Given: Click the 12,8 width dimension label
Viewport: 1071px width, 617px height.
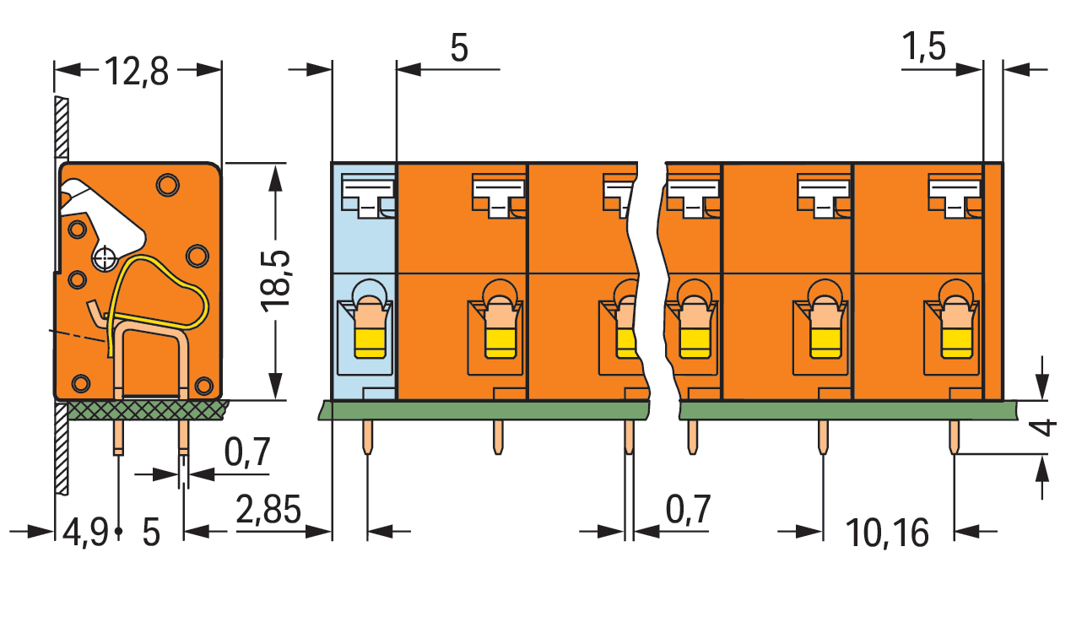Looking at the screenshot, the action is click(x=136, y=72).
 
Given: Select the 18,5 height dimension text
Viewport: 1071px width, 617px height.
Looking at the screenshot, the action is click(x=276, y=282).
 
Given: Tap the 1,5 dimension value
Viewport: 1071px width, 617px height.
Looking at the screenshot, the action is click(x=924, y=47).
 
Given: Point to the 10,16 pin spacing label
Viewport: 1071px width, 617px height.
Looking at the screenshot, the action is click(x=887, y=533).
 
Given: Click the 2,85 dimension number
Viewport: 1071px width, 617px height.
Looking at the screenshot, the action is click(x=268, y=510).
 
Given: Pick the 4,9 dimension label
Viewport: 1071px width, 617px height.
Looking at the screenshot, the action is click(x=85, y=533).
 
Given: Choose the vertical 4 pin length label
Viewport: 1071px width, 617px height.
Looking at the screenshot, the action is click(x=1046, y=427).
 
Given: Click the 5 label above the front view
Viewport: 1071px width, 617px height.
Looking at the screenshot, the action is click(x=459, y=48).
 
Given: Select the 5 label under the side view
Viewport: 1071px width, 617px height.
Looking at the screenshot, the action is click(x=151, y=533).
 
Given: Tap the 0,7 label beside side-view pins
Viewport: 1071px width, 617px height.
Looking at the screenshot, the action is click(x=247, y=452).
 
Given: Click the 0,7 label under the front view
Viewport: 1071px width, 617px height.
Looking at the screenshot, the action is click(x=688, y=510).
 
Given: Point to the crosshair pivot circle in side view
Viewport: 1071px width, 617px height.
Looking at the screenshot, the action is click(x=105, y=259).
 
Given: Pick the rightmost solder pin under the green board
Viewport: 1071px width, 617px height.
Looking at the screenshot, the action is click(x=954, y=437).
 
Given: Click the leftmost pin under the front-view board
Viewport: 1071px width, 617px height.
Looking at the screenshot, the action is click(x=367, y=437).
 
